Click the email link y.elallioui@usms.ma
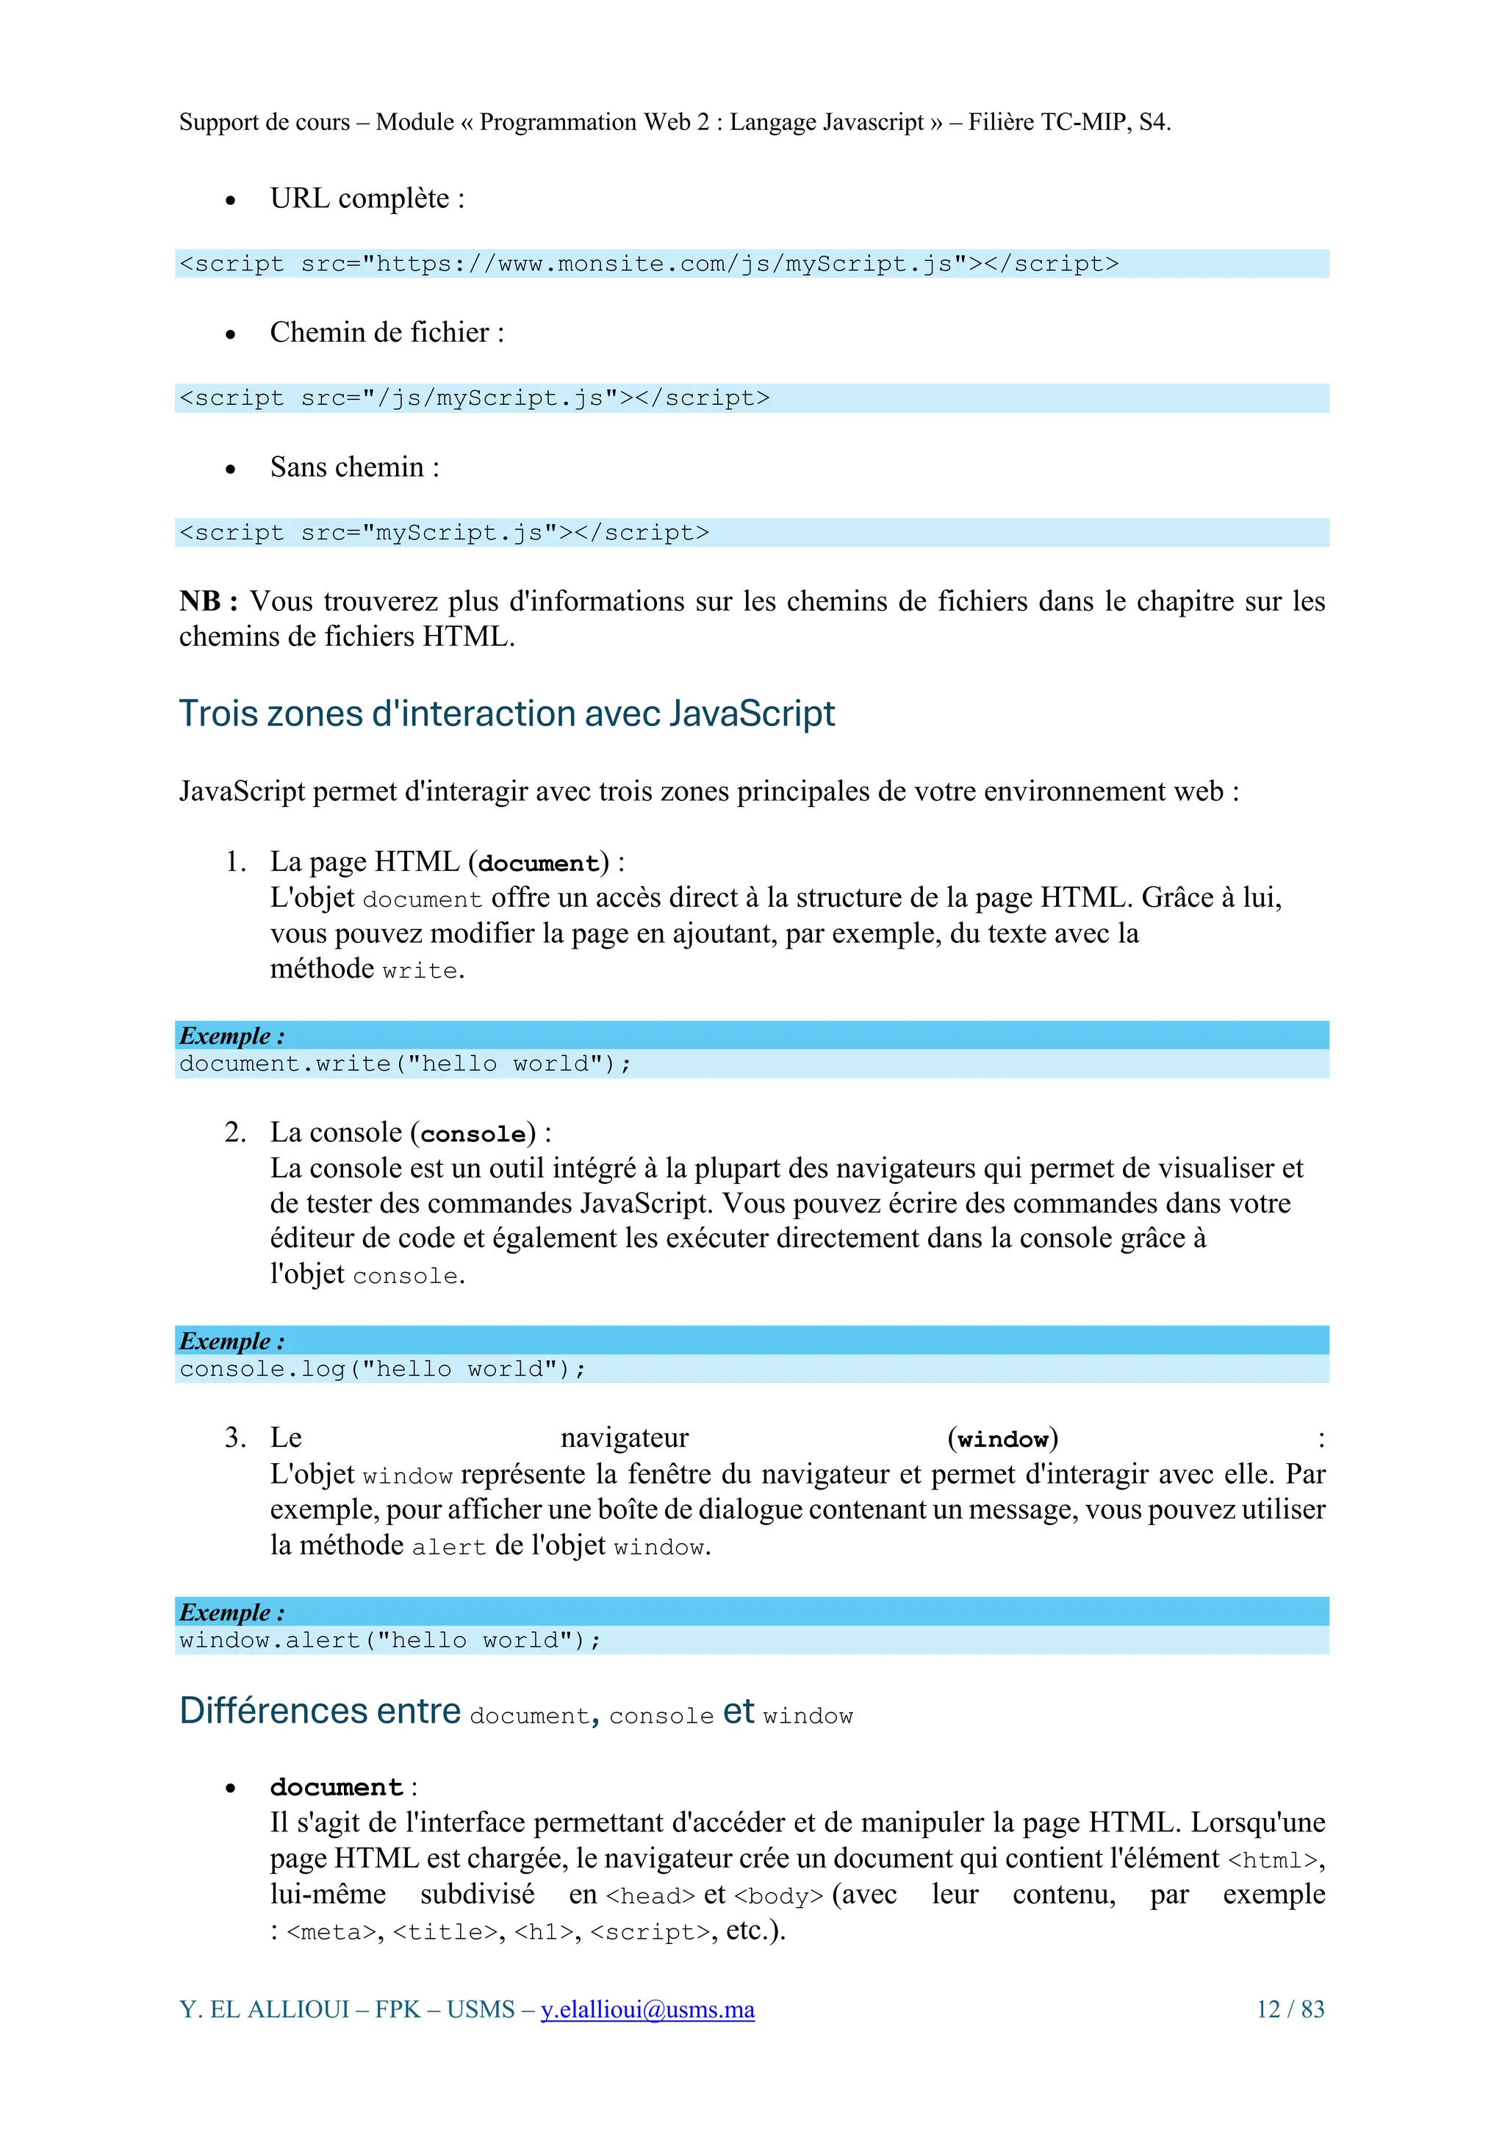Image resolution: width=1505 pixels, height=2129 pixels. (647, 2009)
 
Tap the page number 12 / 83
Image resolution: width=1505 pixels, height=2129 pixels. (1290, 2009)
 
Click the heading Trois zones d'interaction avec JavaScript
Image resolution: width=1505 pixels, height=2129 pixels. (506, 714)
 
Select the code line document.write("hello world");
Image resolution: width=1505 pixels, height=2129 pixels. (405, 1063)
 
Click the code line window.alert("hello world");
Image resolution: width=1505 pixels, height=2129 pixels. (390, 1640)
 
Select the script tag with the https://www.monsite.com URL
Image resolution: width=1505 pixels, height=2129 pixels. (648, 265)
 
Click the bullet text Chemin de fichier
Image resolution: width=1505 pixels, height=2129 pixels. (387, 333)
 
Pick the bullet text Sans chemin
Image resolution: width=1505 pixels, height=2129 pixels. (354, 467)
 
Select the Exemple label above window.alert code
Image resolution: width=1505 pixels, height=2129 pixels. (231, 1612)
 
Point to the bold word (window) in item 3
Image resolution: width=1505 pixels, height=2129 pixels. (1002, 1439)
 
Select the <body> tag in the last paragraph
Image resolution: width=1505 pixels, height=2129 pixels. (779, 1896)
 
